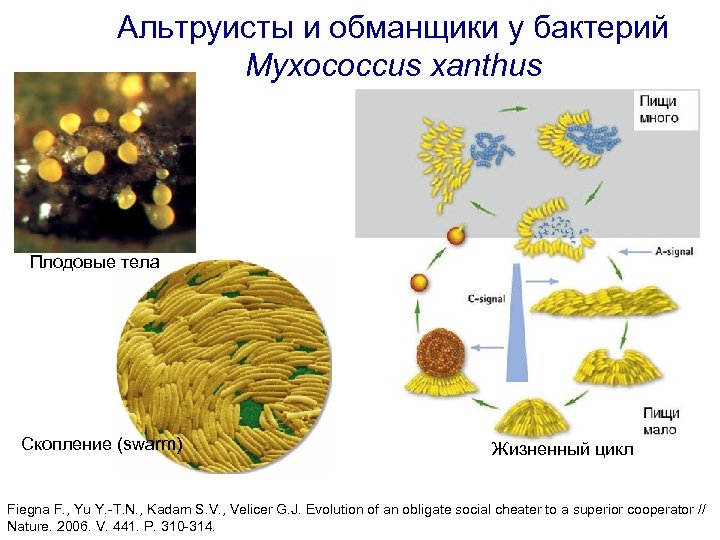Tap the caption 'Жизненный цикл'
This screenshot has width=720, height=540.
(x=562, y=449)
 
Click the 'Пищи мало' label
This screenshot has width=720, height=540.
(x=661, y=421)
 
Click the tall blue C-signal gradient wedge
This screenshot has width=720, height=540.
(x=516, y=330)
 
